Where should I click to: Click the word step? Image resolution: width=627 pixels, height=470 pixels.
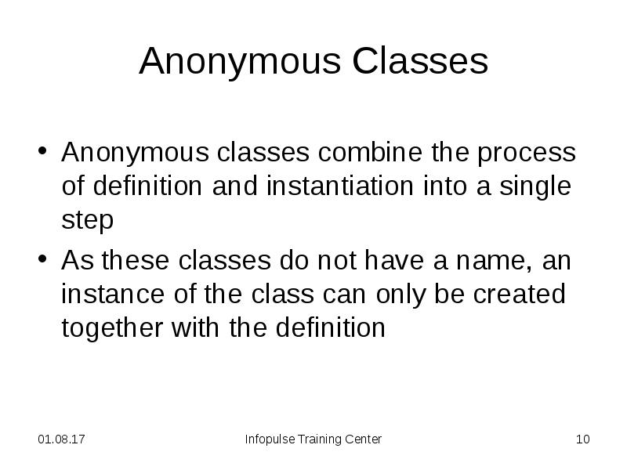[x=87, y=222]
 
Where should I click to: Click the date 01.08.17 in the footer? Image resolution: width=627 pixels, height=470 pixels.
[x=62, y=439]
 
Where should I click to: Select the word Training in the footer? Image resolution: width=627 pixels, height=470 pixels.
[x=321, y=439]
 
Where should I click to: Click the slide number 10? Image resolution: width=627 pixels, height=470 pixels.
[x=582, y=439]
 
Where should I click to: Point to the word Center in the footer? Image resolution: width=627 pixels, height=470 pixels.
[x=363, y=439]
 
